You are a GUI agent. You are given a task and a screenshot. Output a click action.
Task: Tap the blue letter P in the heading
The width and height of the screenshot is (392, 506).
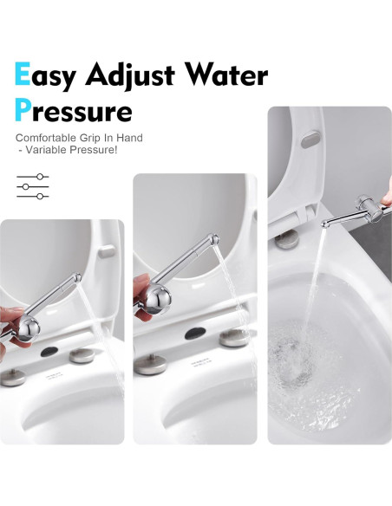pyautogui.click(x=23, y=110)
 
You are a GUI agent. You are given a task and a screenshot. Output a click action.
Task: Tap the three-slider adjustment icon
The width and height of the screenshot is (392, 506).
pyautogui.click(x=32, y=186)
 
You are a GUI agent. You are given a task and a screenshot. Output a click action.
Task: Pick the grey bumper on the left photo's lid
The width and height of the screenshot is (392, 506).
pyautogui.click(x=107, y=251)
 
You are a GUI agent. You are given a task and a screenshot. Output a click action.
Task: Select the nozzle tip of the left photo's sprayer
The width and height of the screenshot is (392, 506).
pyautogui.click(x=78, y=276)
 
